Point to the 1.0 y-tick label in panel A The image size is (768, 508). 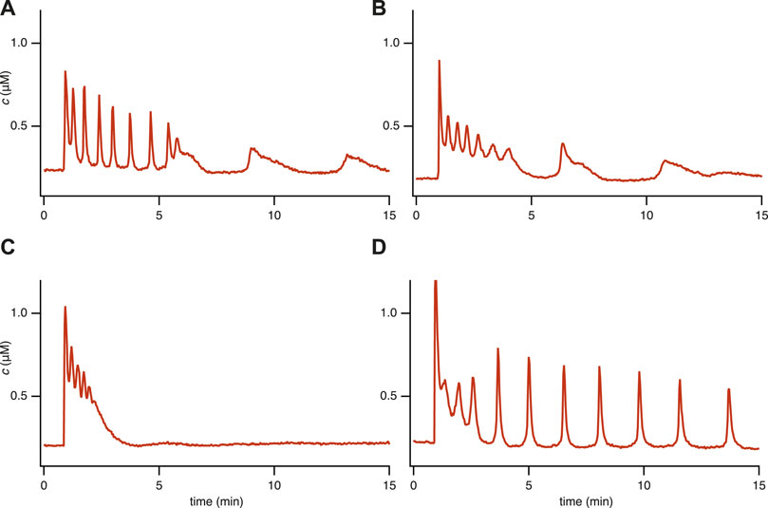point(22,44)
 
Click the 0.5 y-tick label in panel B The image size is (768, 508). point(394,126)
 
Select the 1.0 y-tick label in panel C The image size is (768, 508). point(22,313)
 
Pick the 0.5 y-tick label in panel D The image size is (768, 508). point(394,396)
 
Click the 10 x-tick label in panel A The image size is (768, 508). point(273,207)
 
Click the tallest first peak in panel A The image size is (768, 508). point(65,71)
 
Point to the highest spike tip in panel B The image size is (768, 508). point(439,61)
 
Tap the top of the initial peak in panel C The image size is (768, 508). point(65,307)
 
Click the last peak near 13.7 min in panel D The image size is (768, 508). point(728,389)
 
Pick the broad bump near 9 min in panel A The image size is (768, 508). point(253,149)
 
